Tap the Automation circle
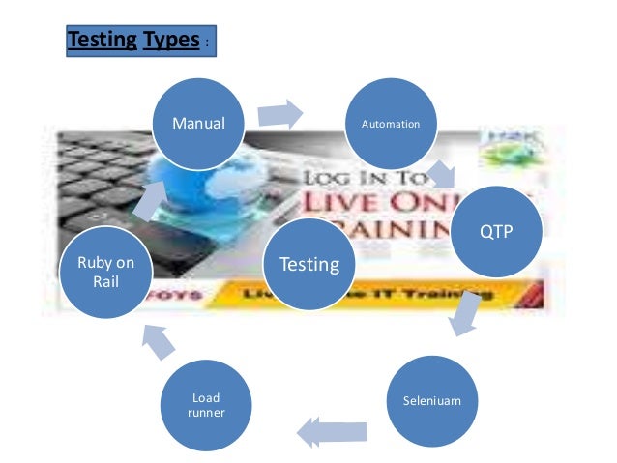[x=391, y=124]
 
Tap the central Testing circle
[x=309, y=263]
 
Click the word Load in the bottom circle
[x=207, y=397]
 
